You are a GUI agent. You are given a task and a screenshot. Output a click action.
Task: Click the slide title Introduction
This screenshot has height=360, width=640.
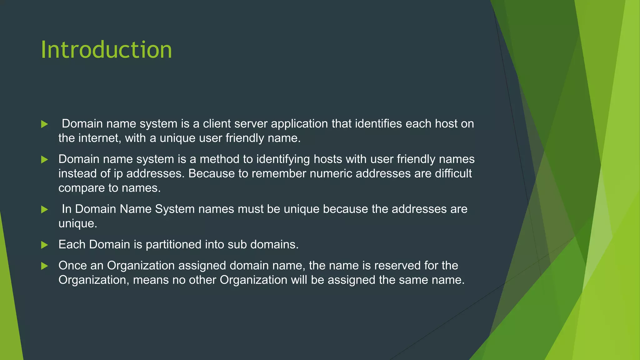(x=106, y=50)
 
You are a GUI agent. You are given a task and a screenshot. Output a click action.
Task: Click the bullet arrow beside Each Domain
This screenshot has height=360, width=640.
(x=45, y=245)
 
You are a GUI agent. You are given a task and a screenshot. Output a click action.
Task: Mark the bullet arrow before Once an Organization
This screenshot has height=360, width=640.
(x=45, y=266)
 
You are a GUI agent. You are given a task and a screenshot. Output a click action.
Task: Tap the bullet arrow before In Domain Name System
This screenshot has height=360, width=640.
(x=45, y=209)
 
